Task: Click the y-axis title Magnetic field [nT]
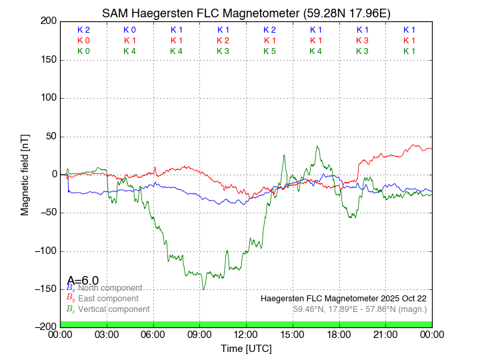tap(25, 174)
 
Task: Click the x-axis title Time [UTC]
tap(246, 349)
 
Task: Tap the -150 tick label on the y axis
tap(47, 289)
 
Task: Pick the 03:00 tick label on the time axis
tap(107, 334)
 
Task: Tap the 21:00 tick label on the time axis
tap(385, 334)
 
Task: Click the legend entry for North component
tap(109, 288)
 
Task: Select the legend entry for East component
tap(108, 299)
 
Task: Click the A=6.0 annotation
tap(83, 280)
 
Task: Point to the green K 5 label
tap(269, 51)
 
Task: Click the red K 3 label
tap(362, 41)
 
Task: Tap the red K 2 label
tap(223, 41)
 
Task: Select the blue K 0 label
tap(129, 30)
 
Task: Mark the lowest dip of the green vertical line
tap(203, 289)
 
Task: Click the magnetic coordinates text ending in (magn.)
tap(360, 309)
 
